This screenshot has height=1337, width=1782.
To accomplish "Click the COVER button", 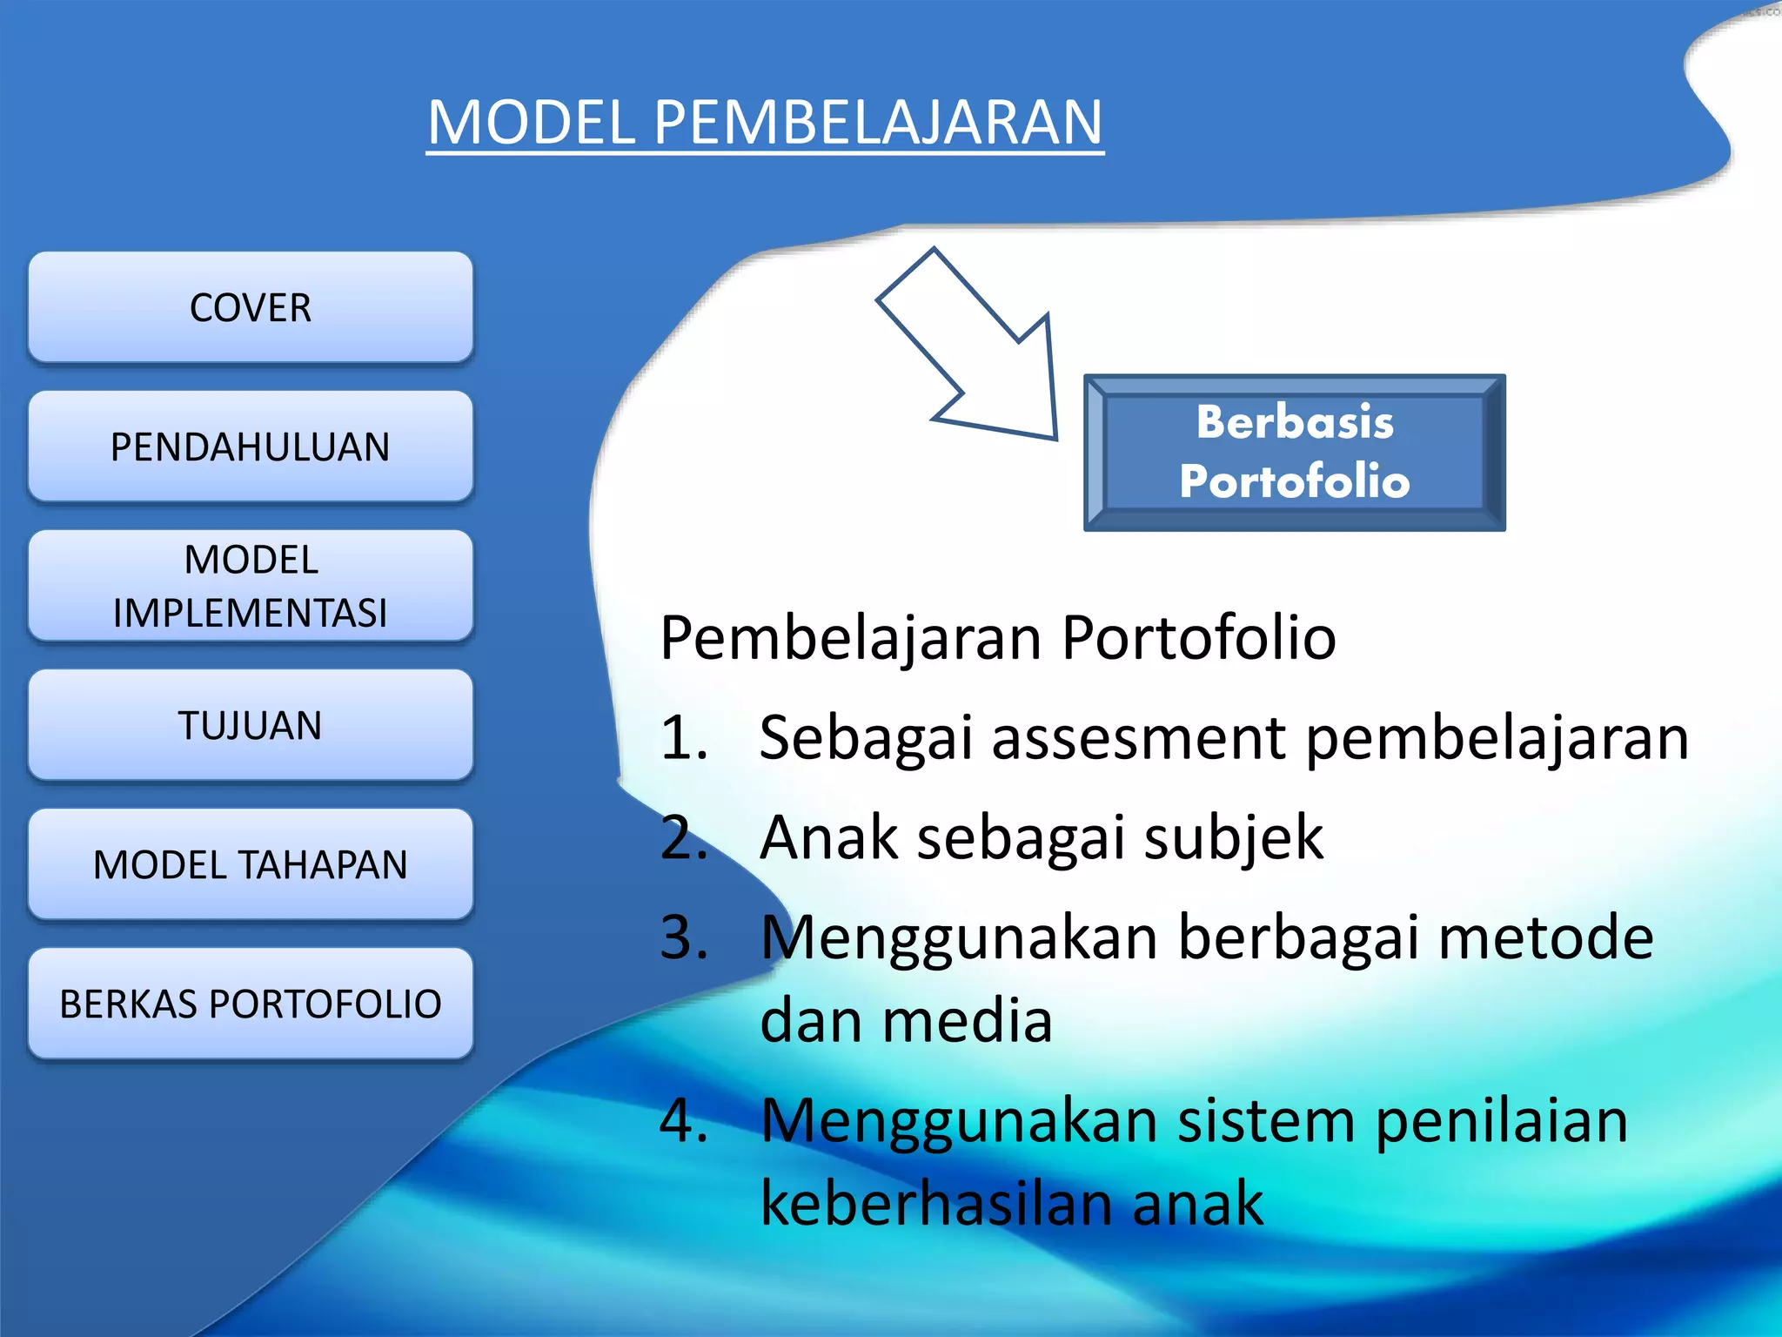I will point(251,307).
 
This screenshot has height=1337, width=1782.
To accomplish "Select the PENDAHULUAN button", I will point(251,447).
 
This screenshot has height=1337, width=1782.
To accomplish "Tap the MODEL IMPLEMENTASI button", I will point(251,586).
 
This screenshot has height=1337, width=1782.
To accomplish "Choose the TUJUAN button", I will point(251,725).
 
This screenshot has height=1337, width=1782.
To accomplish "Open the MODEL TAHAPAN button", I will point(251,864).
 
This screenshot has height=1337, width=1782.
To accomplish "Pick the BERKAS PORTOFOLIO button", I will point(251,1004).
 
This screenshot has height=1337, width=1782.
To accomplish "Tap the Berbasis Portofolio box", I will point(1294,453).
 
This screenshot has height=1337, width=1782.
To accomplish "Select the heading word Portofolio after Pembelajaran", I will point(1198,638).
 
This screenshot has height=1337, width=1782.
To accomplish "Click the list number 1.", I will point(683,738).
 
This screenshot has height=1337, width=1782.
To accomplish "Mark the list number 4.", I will point(683,1120).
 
